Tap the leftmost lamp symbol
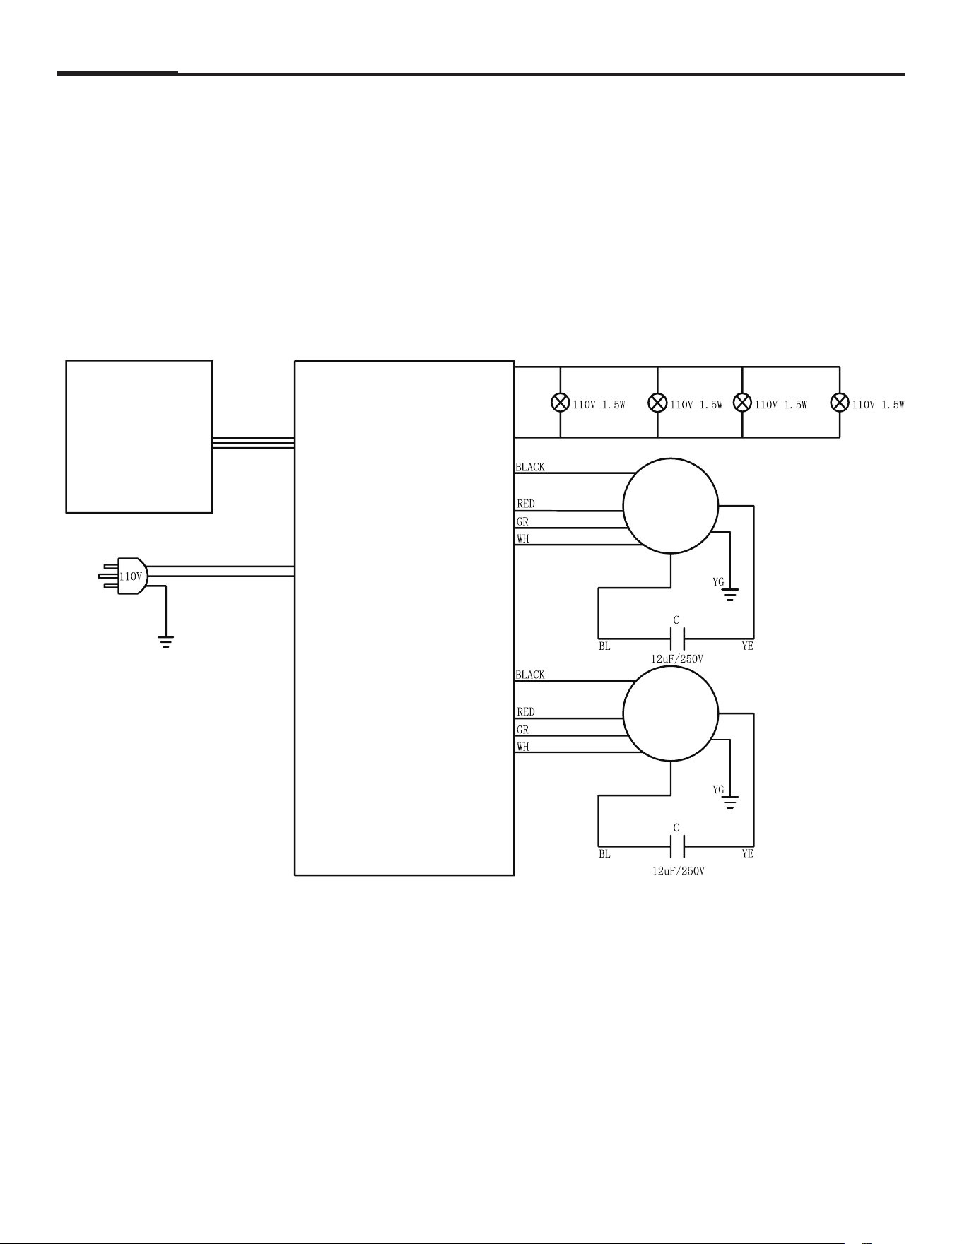pyautogui.click(x=561, y=403)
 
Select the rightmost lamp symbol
pyautogui.click(x=840, y=403)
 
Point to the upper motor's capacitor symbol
pyautogui.click(x=676, y=639)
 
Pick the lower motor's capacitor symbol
pyautogui.click(x=676, y=846)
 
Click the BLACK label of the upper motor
pyautogui.click(x=530, y=467)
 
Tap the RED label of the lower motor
pyautogui.click(x=526, y=712)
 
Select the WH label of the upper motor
pyautogui.click(x=523, y=539)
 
